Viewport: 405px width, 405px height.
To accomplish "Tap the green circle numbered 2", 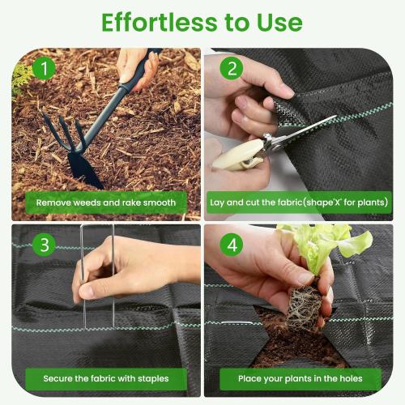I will (233, 69).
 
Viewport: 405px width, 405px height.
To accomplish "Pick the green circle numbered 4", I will (233, 244).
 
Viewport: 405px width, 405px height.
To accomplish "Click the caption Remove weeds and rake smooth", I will (106, 202).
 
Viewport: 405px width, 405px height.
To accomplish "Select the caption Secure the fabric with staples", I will (106, 377).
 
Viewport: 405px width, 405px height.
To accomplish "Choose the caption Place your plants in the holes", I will (300, 377).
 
